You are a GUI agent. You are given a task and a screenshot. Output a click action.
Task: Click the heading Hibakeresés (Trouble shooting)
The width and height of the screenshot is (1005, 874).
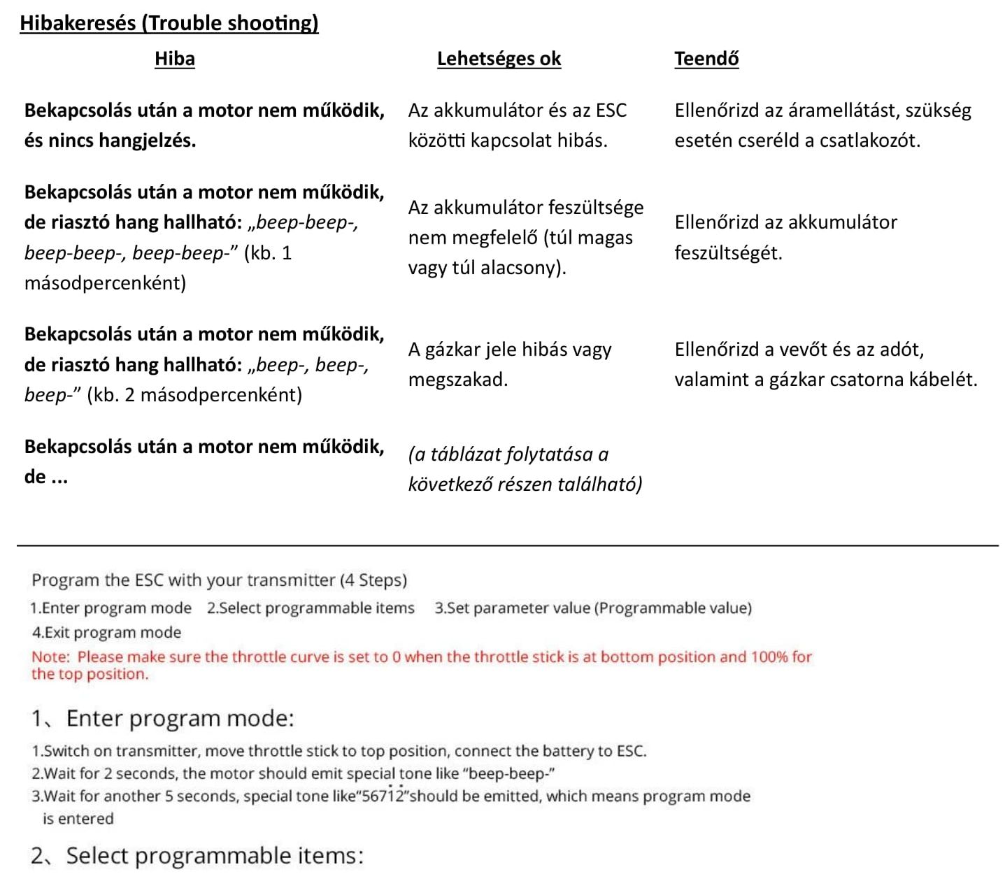coord(169,23)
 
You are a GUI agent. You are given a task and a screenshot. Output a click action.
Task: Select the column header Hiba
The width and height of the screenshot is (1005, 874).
coord(174,59)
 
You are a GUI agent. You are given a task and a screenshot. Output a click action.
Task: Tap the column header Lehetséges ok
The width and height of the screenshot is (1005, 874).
coord(499,59)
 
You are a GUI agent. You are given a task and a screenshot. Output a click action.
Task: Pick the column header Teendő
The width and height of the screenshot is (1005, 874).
coord(706,59)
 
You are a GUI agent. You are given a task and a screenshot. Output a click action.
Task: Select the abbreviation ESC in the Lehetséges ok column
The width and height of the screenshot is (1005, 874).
coord(611,110)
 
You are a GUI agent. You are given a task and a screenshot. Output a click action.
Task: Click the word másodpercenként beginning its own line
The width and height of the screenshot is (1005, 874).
coord(105,283)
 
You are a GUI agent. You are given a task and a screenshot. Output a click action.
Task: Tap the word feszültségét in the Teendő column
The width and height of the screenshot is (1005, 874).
coord(728,252)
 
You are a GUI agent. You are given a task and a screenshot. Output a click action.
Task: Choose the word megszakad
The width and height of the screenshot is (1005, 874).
coord(457,380)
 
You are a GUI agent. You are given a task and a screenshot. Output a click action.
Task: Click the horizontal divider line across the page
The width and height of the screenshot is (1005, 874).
coord(507,545)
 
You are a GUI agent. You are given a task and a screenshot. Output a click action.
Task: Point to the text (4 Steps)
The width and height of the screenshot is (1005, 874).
coord(373,580)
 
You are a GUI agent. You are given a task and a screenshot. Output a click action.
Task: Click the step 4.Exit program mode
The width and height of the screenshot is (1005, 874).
coord(106,633)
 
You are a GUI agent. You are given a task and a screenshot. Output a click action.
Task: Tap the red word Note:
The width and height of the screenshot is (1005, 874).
coord(50,657)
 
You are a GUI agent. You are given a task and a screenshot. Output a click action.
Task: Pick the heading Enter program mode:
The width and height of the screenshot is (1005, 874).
coord(180,719)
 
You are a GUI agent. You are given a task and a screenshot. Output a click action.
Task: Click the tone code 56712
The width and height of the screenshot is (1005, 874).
coord(383,796)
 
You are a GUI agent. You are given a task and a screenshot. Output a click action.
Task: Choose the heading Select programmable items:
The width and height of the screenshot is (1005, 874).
coord(215,856)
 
